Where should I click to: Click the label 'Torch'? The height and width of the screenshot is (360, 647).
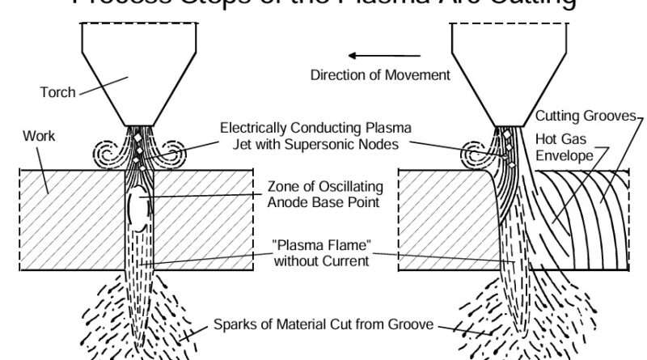(x=57, y=92)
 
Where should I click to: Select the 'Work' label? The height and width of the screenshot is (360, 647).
(x=40, y=136)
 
